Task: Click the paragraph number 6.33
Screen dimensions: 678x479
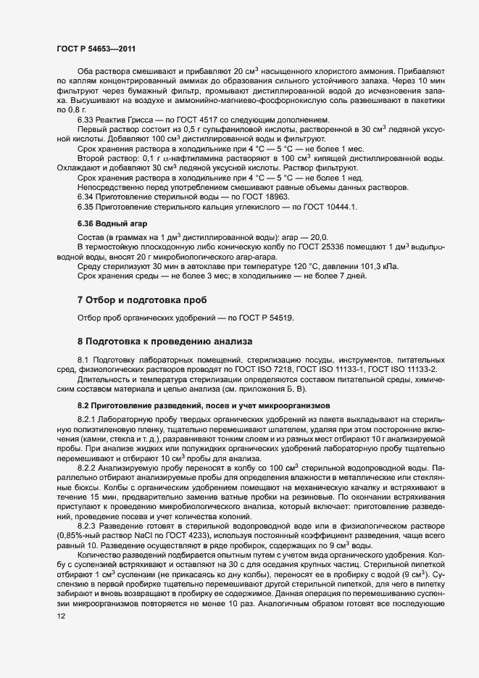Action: (87, 119)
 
